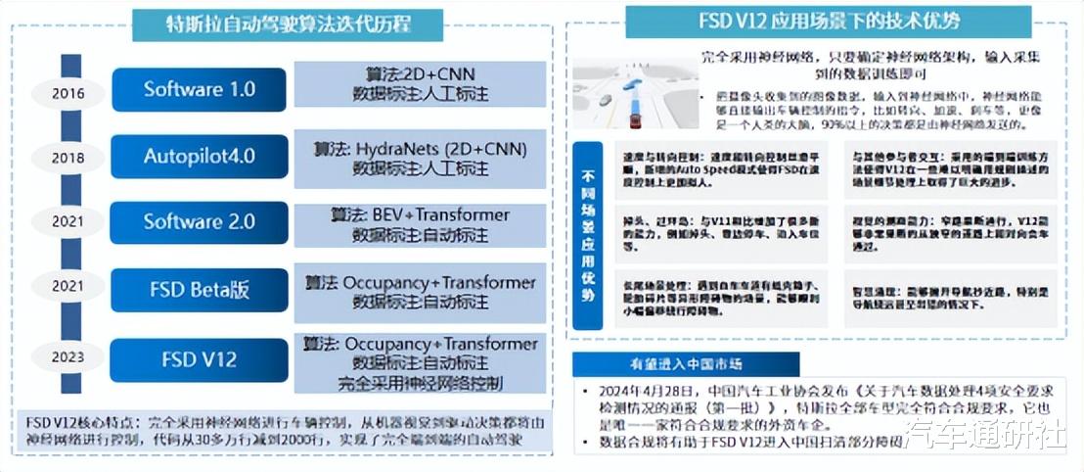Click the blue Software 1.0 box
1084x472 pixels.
pyautogui.click(x=200, y=89)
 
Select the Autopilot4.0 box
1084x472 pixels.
pyautogui.click(x=200, y=157)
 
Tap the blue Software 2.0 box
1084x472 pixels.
pyautogui.click(x=200, y=222)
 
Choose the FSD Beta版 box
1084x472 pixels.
pyautogui.click(x=200, y=289)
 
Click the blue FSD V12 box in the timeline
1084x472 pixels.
pyautogui.click(x=200, y=359)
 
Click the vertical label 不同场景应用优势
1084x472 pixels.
pyautogui.click(x=587, y=234)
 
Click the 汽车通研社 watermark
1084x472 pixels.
pyautogui.click(x=984, y=434)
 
